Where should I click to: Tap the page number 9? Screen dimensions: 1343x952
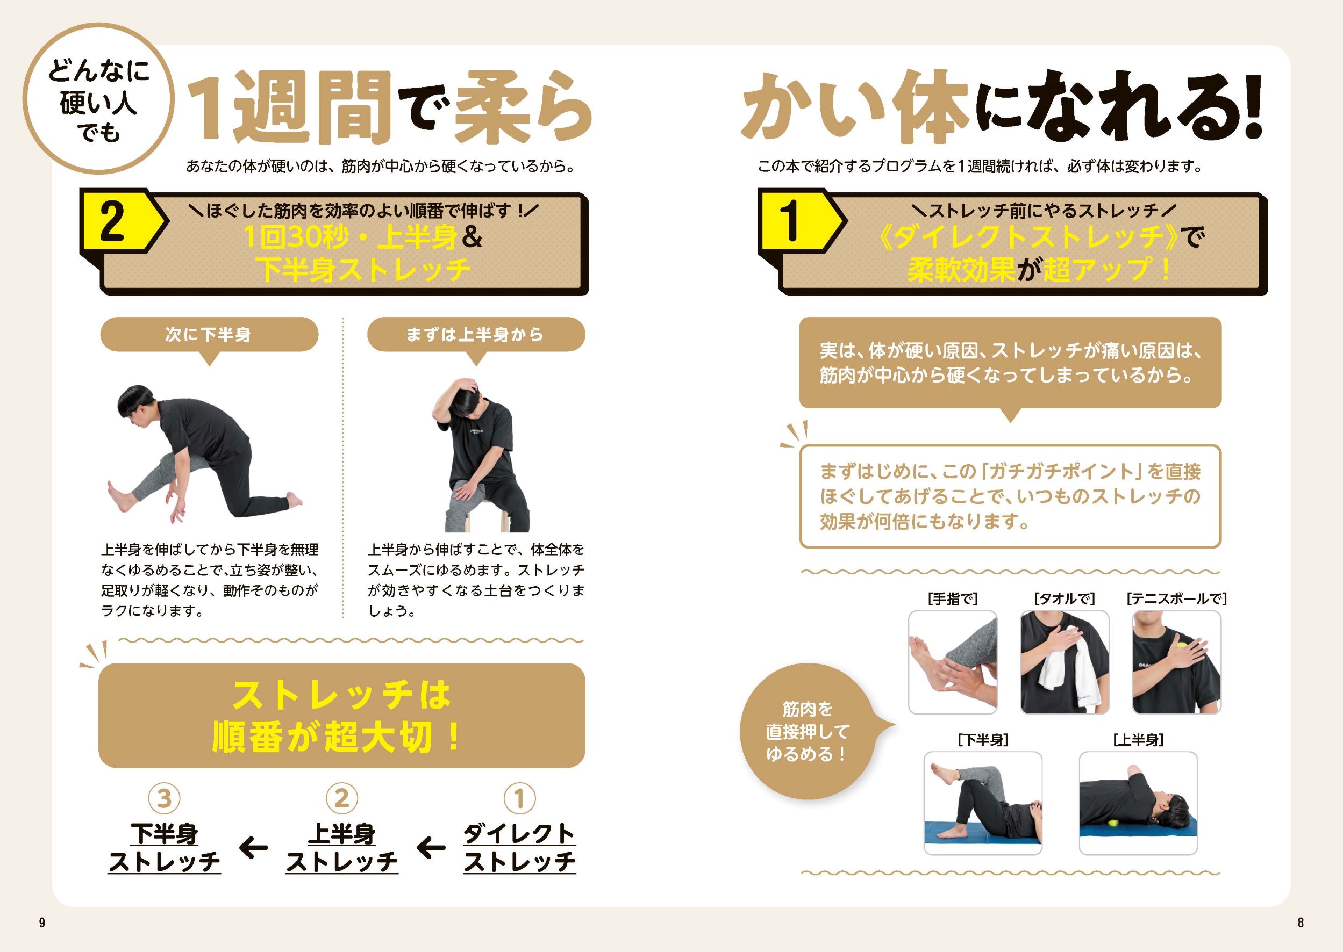pos(41,922)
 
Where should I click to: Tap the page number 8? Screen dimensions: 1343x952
pos(1300,922)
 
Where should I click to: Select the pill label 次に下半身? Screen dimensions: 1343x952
pos(209,335)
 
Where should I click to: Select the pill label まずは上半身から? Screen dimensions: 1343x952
pos(476,335)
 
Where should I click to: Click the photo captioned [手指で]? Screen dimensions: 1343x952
pos(953,662)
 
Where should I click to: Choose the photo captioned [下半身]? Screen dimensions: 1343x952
pos(983,803)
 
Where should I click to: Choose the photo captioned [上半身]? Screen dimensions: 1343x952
pos(1138,803)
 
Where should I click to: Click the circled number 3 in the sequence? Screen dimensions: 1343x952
pos(164,798)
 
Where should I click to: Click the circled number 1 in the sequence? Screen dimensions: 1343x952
pos(519,798)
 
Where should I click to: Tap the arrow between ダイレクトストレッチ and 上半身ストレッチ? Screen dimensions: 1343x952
pos(431,848)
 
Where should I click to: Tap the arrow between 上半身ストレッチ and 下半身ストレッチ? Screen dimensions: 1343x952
pos(253,848)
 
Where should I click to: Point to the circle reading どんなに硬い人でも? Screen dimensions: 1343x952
pos(98,98)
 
